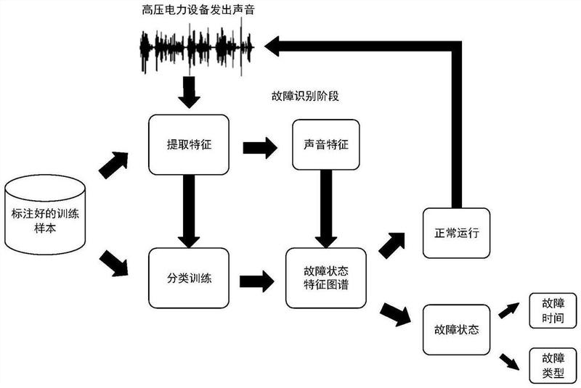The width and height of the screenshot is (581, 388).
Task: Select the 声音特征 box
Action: point(326,144)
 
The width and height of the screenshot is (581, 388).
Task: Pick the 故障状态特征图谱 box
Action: point(326,278)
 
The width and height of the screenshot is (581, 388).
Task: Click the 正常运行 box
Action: point(456,234)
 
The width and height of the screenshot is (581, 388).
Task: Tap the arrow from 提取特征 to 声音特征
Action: point(259,148)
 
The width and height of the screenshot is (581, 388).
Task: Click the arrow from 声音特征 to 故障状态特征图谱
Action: point(325,210)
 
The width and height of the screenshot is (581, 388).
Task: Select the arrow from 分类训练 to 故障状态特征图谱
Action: point(257,280)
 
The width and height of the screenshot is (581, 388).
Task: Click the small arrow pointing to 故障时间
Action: point(508,310)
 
